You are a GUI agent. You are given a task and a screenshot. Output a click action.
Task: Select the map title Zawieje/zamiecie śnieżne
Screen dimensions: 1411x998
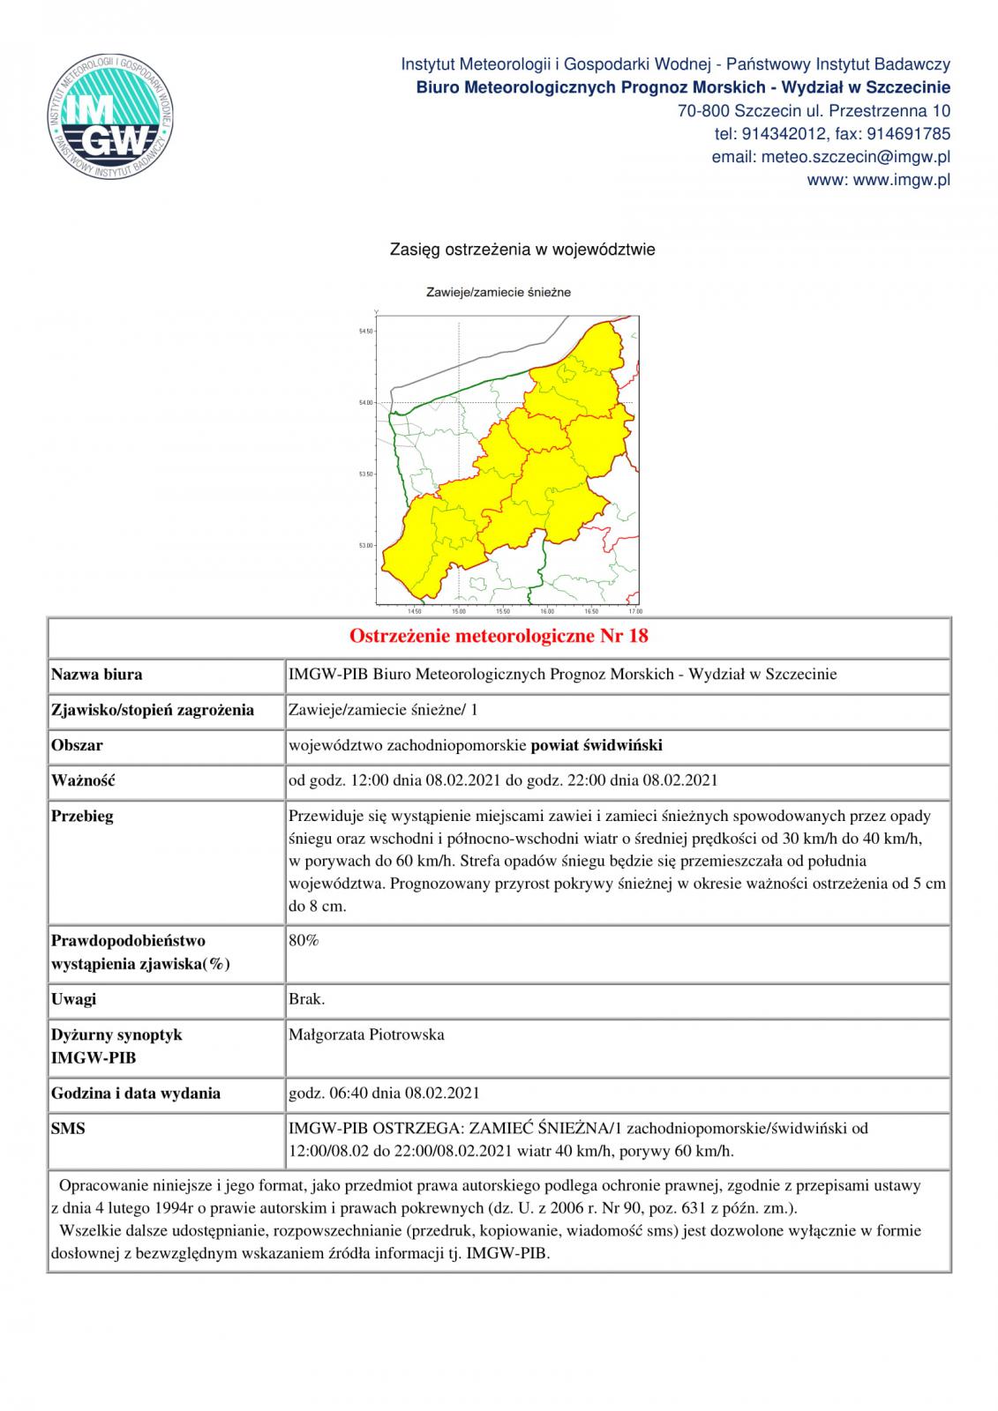499,292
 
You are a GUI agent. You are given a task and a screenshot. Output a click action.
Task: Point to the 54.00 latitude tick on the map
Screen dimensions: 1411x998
365,403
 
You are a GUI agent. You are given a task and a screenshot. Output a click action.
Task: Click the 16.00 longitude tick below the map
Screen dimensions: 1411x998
546,610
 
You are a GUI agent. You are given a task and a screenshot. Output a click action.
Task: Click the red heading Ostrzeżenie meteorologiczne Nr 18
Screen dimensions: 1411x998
499,636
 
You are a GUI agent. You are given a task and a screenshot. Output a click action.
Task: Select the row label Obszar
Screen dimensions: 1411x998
77,745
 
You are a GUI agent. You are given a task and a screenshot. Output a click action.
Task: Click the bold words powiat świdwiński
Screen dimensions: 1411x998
597,745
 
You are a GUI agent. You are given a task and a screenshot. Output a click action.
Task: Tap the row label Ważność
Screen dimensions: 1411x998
84,780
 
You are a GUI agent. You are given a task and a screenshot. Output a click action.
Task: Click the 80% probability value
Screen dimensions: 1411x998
304,940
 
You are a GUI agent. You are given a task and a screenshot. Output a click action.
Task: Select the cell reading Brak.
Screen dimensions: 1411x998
306,999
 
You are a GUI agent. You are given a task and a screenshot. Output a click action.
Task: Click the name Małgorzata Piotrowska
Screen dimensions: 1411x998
366,1034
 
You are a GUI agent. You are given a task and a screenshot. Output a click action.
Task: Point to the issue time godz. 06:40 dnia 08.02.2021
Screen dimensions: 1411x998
384,1093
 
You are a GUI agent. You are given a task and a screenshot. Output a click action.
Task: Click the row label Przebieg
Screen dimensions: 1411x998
82,816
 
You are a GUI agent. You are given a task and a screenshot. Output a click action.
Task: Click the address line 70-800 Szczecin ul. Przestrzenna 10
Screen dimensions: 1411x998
814,111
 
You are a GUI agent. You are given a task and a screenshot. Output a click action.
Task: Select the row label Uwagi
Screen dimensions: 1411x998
73,999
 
